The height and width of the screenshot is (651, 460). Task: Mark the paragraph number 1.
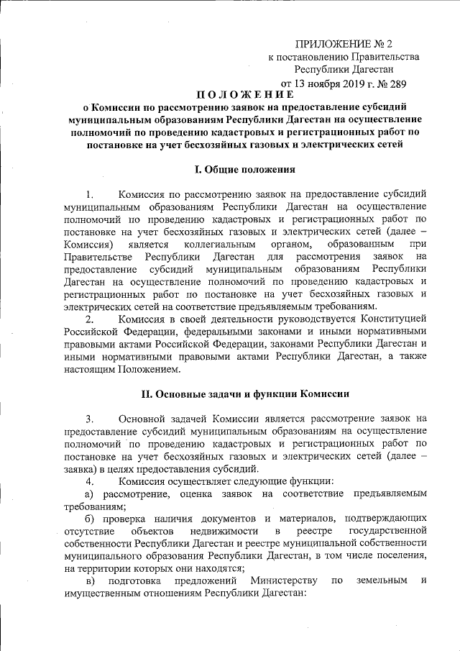pyautogui.click(x=89, y=194)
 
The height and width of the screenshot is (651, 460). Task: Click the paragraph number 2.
pyautogui.click(x=89, y=319)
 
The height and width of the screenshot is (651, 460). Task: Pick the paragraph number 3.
pyautogui.click(x=89, y=418)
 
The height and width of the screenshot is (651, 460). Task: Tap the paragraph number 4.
pyautogui.click(x=89, y=481)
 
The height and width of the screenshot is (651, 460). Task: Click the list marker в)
pyautogui.click(x=90, y=581)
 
